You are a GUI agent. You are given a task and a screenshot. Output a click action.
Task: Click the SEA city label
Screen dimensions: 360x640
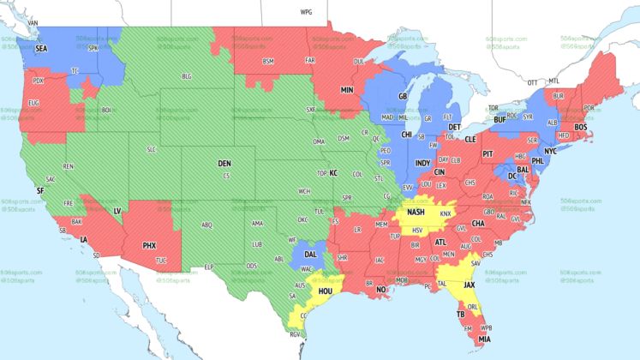(41, 50)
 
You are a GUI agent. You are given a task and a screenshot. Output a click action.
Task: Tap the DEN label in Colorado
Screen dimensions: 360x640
(224, 163)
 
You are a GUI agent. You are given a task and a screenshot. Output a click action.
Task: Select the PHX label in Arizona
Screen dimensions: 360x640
(149, 246)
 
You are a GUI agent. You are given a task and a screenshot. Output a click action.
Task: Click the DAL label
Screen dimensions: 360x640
(310, 255)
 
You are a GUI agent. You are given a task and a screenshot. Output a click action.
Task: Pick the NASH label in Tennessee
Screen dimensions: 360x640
(417, 212)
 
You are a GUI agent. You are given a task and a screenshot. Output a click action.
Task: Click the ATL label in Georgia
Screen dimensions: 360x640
(440, 243)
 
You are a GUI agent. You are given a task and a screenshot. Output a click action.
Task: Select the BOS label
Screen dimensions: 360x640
(581, 127)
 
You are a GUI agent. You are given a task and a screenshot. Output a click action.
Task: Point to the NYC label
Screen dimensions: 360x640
(551, 151)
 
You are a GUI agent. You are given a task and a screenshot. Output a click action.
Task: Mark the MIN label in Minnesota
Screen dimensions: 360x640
(347, 89)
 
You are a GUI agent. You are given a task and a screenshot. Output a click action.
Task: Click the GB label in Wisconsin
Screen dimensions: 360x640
(403, 96)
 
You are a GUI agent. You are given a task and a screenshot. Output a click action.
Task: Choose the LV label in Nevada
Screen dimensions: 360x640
(117, 210)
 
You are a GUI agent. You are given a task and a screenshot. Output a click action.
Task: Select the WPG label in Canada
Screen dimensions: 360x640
(306, 13)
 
